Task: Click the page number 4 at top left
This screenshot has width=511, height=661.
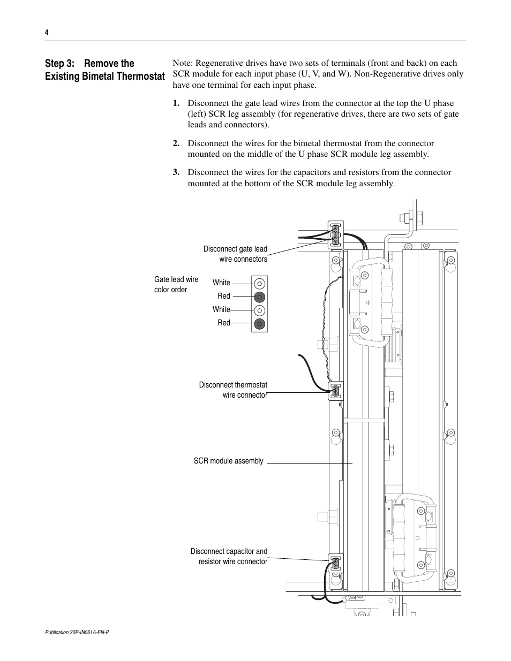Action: click(47, 33)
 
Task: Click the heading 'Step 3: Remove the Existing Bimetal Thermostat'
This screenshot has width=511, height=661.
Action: click(104, 70)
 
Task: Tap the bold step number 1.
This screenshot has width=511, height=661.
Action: click(176, 103)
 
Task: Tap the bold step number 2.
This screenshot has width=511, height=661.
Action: click(176, 143)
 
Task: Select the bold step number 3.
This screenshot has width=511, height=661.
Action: click(176, 172)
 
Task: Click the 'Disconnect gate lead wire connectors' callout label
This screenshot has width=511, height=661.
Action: click(235, 254)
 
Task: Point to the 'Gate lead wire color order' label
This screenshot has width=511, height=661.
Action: click(176, 284)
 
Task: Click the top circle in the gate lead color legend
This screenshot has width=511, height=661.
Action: click(259, 283)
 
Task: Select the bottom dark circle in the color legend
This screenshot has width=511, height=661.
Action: click(259, 323)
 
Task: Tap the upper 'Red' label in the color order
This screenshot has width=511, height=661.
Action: click(224, 296)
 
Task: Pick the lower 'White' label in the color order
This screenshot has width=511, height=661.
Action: click(221, 309)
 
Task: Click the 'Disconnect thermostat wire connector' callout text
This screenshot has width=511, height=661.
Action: click(233, 390)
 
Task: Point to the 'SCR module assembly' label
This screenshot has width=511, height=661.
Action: click(229, 461)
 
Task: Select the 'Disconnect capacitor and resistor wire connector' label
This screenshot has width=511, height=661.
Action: click(229, 556)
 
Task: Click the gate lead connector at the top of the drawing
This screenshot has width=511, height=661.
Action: click(335, 234)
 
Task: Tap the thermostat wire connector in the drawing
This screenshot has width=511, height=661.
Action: click(335, 391)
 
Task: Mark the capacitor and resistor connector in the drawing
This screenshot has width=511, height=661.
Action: click(335, 564)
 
